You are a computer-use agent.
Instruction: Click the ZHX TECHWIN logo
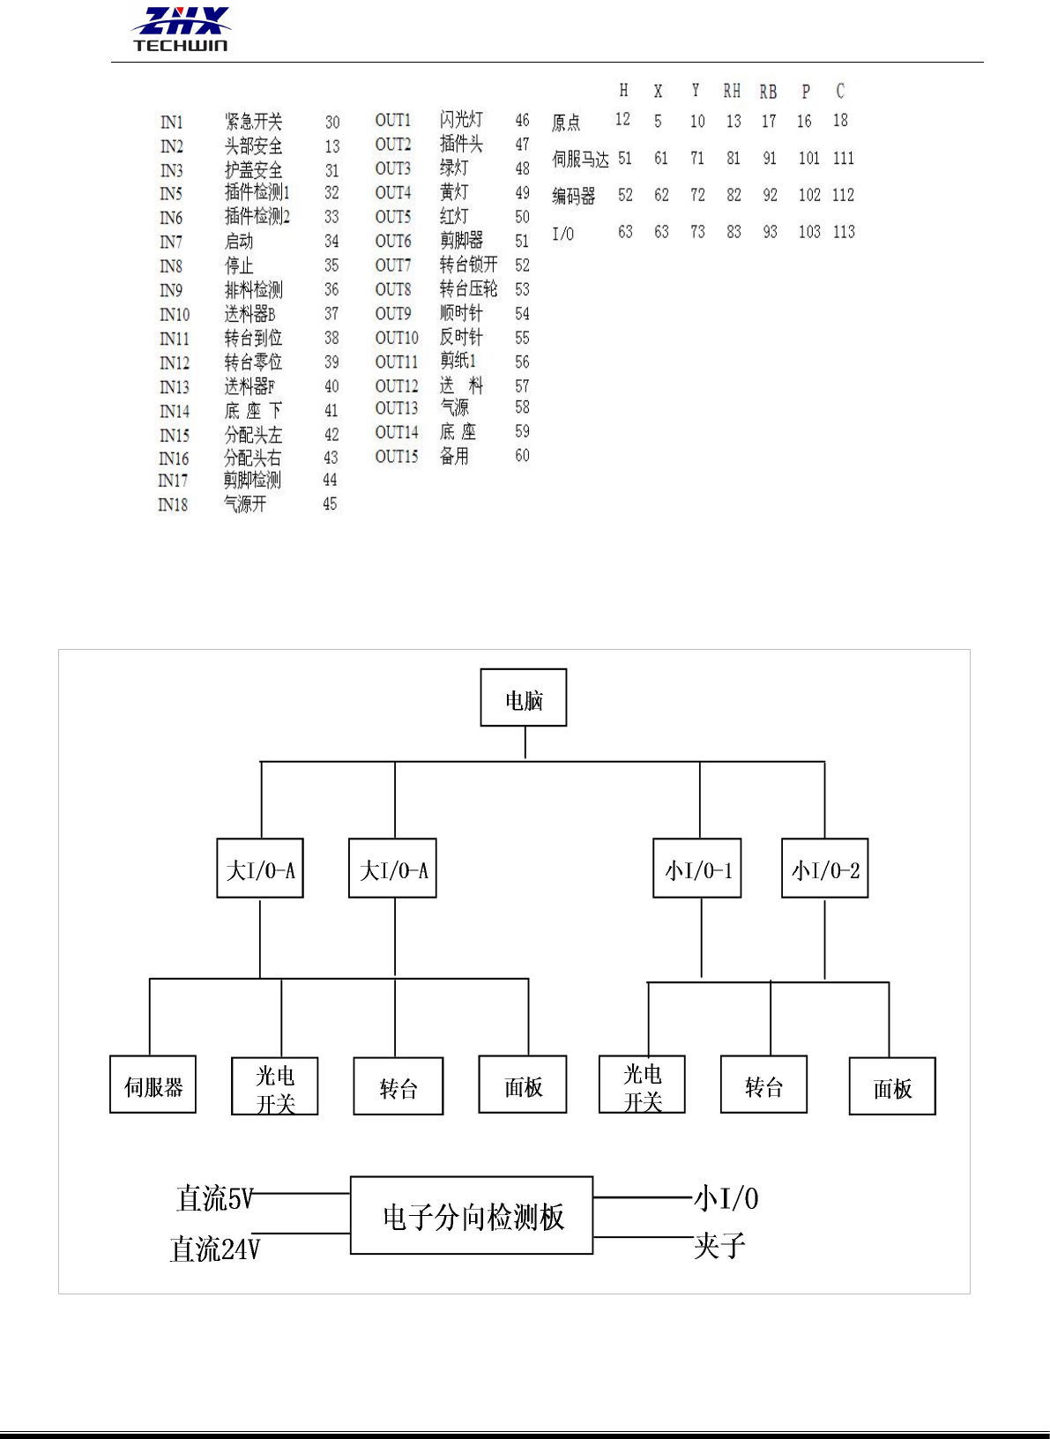[x=182, y=29]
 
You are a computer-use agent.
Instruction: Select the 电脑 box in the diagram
[x=524, y=698]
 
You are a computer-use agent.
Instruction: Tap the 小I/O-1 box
[x=697, y=869]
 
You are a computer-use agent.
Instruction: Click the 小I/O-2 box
[x=825, y=869]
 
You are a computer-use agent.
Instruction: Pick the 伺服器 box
[x=153, y=1085]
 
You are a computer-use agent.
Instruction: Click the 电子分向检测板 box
[x=472, y=1216]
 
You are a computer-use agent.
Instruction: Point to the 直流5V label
[x=214, y=1198]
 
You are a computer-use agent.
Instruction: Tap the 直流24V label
[x=214, y=1249]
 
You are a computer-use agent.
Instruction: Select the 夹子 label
[x=719, y=1246]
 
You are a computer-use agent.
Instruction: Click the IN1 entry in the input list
[x=172, y=123]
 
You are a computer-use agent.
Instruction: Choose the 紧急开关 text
[x=254, y=122]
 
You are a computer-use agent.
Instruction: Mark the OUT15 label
[x=397, y=456]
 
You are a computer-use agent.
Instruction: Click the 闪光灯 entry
[x=461, y=119]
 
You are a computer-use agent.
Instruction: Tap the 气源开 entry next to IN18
[x=245, y=503]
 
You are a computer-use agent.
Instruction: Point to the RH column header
[x=732, y=91]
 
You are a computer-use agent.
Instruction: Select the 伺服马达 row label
[x=580, y=159]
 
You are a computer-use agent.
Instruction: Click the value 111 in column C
[x=844, y=158]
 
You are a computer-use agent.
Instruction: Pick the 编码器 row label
[x=573, y=196]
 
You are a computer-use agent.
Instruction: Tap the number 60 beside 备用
[x=522, y=455]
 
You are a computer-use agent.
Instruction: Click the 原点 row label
[x=566, y=122]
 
